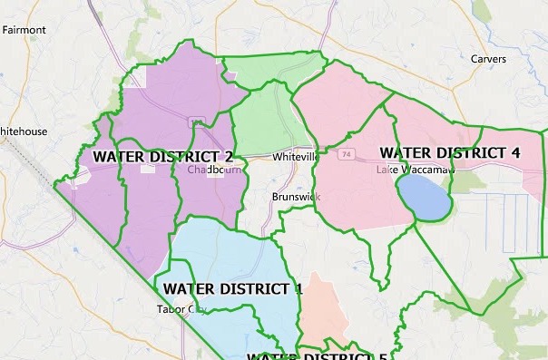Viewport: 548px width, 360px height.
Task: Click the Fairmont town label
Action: [24, 30]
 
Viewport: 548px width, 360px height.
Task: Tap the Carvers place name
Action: [488, 59]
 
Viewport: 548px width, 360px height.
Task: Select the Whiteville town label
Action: [296, 156]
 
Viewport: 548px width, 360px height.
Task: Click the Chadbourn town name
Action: [211, 170]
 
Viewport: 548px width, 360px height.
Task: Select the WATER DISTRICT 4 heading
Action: [449, 152]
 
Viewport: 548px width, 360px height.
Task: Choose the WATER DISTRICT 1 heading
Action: [232, 289]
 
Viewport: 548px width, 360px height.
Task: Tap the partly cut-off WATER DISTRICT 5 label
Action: [318, 355]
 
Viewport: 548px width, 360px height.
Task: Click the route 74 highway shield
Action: [347, 155]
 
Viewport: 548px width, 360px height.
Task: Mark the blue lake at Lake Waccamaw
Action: [423, 197]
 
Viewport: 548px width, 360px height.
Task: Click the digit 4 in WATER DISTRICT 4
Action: [514, 152]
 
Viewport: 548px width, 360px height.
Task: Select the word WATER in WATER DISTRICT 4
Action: [403, 152]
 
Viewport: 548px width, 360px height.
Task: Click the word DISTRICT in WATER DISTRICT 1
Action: [253, 289]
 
